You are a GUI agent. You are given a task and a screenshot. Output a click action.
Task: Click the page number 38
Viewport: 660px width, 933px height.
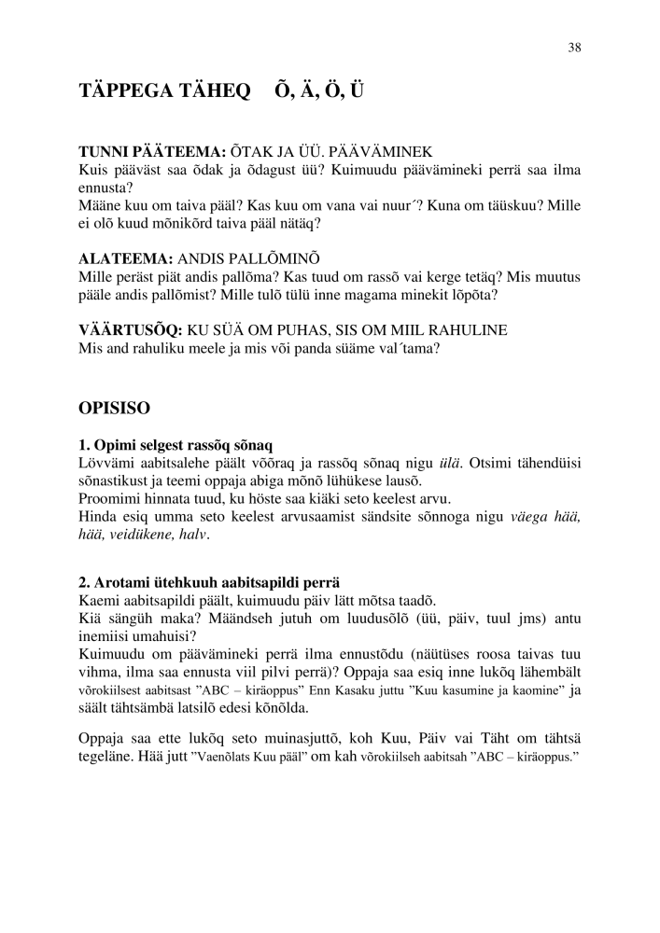575,49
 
